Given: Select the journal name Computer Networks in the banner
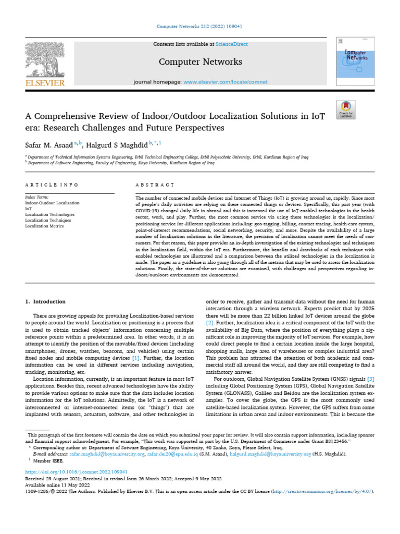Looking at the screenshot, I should [200, 62].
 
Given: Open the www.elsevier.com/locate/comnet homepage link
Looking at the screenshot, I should [226, 82].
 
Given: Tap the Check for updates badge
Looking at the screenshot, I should [346, 108].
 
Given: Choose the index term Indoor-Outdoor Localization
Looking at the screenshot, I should [52, 203].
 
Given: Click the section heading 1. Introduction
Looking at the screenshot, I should [46, 301].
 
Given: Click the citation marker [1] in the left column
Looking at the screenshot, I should [135, 359].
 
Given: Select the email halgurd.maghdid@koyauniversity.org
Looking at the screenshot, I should [267, 454].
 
